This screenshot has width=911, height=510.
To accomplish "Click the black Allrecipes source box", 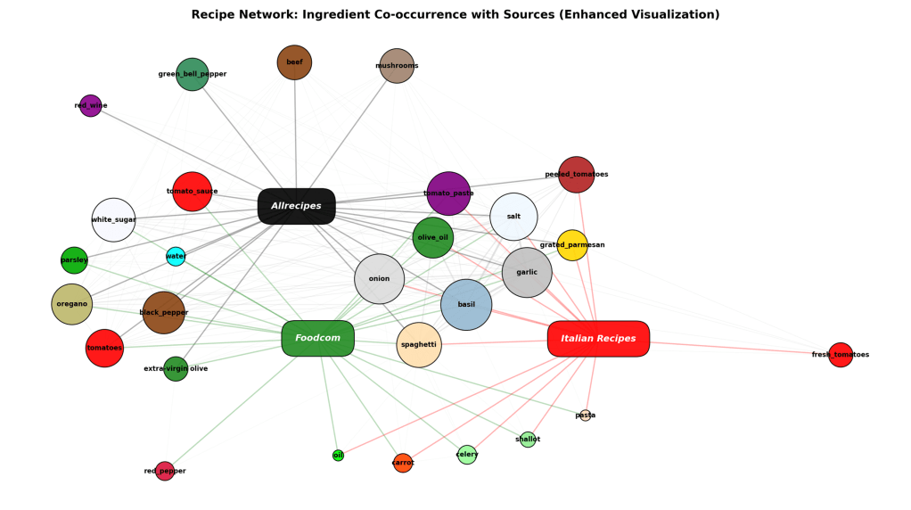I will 296,206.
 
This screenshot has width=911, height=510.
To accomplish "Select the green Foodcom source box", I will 317,338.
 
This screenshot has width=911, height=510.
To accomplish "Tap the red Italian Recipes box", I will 598,339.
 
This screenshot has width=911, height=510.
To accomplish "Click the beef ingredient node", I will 294,62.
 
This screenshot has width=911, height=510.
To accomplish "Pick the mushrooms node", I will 397,65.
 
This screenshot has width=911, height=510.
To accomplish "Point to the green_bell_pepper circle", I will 192,74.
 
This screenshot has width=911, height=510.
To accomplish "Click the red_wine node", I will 90,105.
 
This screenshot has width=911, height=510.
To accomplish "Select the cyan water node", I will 176,256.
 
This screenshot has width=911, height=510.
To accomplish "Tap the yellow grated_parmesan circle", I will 572,244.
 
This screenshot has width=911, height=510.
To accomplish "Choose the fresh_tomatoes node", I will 840,354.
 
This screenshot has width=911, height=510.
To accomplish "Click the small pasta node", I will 585,415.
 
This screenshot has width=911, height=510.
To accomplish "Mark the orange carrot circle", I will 403,463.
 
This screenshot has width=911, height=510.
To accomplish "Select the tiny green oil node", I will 338,455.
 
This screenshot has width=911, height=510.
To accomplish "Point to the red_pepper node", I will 165,471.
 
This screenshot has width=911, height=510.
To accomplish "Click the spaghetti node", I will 418,344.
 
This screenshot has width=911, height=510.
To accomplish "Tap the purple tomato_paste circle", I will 448,193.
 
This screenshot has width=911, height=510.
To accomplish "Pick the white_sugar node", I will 113,219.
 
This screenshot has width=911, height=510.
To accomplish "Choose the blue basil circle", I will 466,304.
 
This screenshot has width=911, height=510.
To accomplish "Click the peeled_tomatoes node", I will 576,174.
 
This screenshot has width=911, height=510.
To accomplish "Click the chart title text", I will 455,14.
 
